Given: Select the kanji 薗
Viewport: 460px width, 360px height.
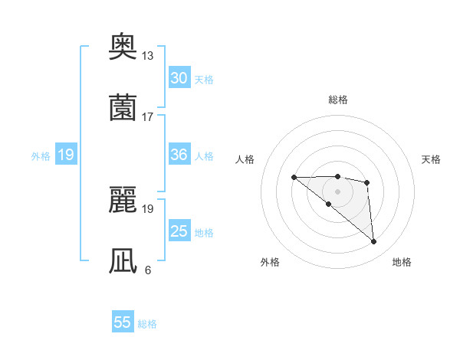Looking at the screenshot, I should point(123,107).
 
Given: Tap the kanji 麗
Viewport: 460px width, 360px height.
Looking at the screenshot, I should point(123,201).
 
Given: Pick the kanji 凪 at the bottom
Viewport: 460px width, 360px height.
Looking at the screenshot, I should point(123,260).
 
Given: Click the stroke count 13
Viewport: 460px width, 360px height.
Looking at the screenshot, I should point(148,56).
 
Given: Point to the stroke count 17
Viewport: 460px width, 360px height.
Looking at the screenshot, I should point(148,116).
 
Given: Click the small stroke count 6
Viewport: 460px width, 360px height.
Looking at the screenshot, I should point(148,270).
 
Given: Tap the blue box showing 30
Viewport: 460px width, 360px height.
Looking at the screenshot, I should point(179,78).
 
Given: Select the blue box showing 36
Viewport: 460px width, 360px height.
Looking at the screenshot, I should point(179,155).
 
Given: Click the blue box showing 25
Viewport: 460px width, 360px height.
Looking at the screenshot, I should point(179,231).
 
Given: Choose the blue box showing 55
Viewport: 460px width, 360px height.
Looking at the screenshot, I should point(123,322).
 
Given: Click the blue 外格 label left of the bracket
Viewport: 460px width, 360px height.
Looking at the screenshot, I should point(41,156).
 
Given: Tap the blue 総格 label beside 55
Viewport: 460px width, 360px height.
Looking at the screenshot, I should point(147,324).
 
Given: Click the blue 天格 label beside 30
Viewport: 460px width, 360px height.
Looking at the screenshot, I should point(204,80).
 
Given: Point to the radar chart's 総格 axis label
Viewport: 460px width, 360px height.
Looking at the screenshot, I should point(338,100).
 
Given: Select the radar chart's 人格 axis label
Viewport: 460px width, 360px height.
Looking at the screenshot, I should point(245,159).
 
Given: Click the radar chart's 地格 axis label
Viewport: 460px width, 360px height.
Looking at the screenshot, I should point(402,262).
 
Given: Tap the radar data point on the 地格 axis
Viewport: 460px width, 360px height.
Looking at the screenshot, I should point(374,242).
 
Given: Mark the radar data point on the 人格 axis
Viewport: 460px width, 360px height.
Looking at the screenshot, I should point(294,178).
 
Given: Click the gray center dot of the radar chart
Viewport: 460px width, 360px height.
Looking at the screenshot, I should point(337,191).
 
